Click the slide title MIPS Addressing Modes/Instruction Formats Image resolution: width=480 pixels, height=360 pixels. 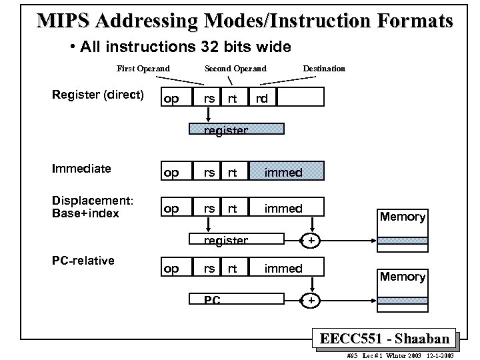click(x=245, y=20)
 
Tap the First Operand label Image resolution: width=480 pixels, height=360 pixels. click(x=143, y=69)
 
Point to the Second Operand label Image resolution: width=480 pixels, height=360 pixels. click(x=235, y=69)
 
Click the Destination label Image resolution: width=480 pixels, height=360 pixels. click(x=324, y=69)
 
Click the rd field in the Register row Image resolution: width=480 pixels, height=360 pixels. click(x=262, y=98)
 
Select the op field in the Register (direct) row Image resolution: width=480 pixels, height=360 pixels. click(x=171, y=98)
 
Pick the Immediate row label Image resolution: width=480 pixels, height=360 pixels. click(x=81, y=169)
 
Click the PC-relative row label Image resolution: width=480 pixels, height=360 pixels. click(x=83, y=261)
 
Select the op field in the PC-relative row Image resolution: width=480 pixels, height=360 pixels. click(x=171, y=269)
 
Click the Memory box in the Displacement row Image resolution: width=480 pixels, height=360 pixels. click(x=402, y=217)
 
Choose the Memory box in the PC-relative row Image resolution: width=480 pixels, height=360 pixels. click(x=402, y=277)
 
